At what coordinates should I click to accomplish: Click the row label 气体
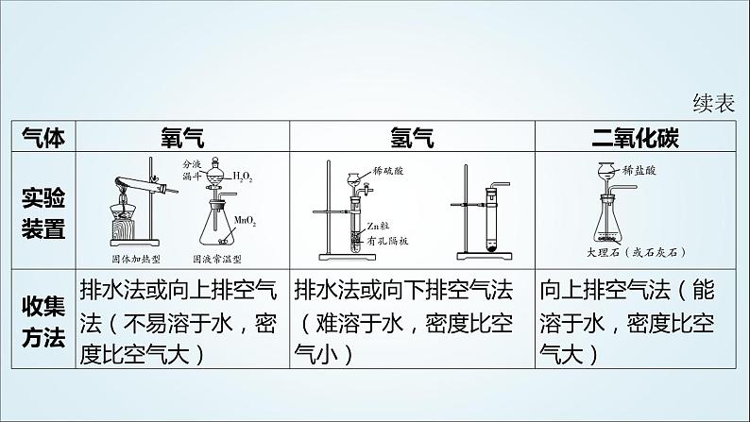point(43,137)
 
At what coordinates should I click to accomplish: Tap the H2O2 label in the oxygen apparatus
point(242,176)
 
